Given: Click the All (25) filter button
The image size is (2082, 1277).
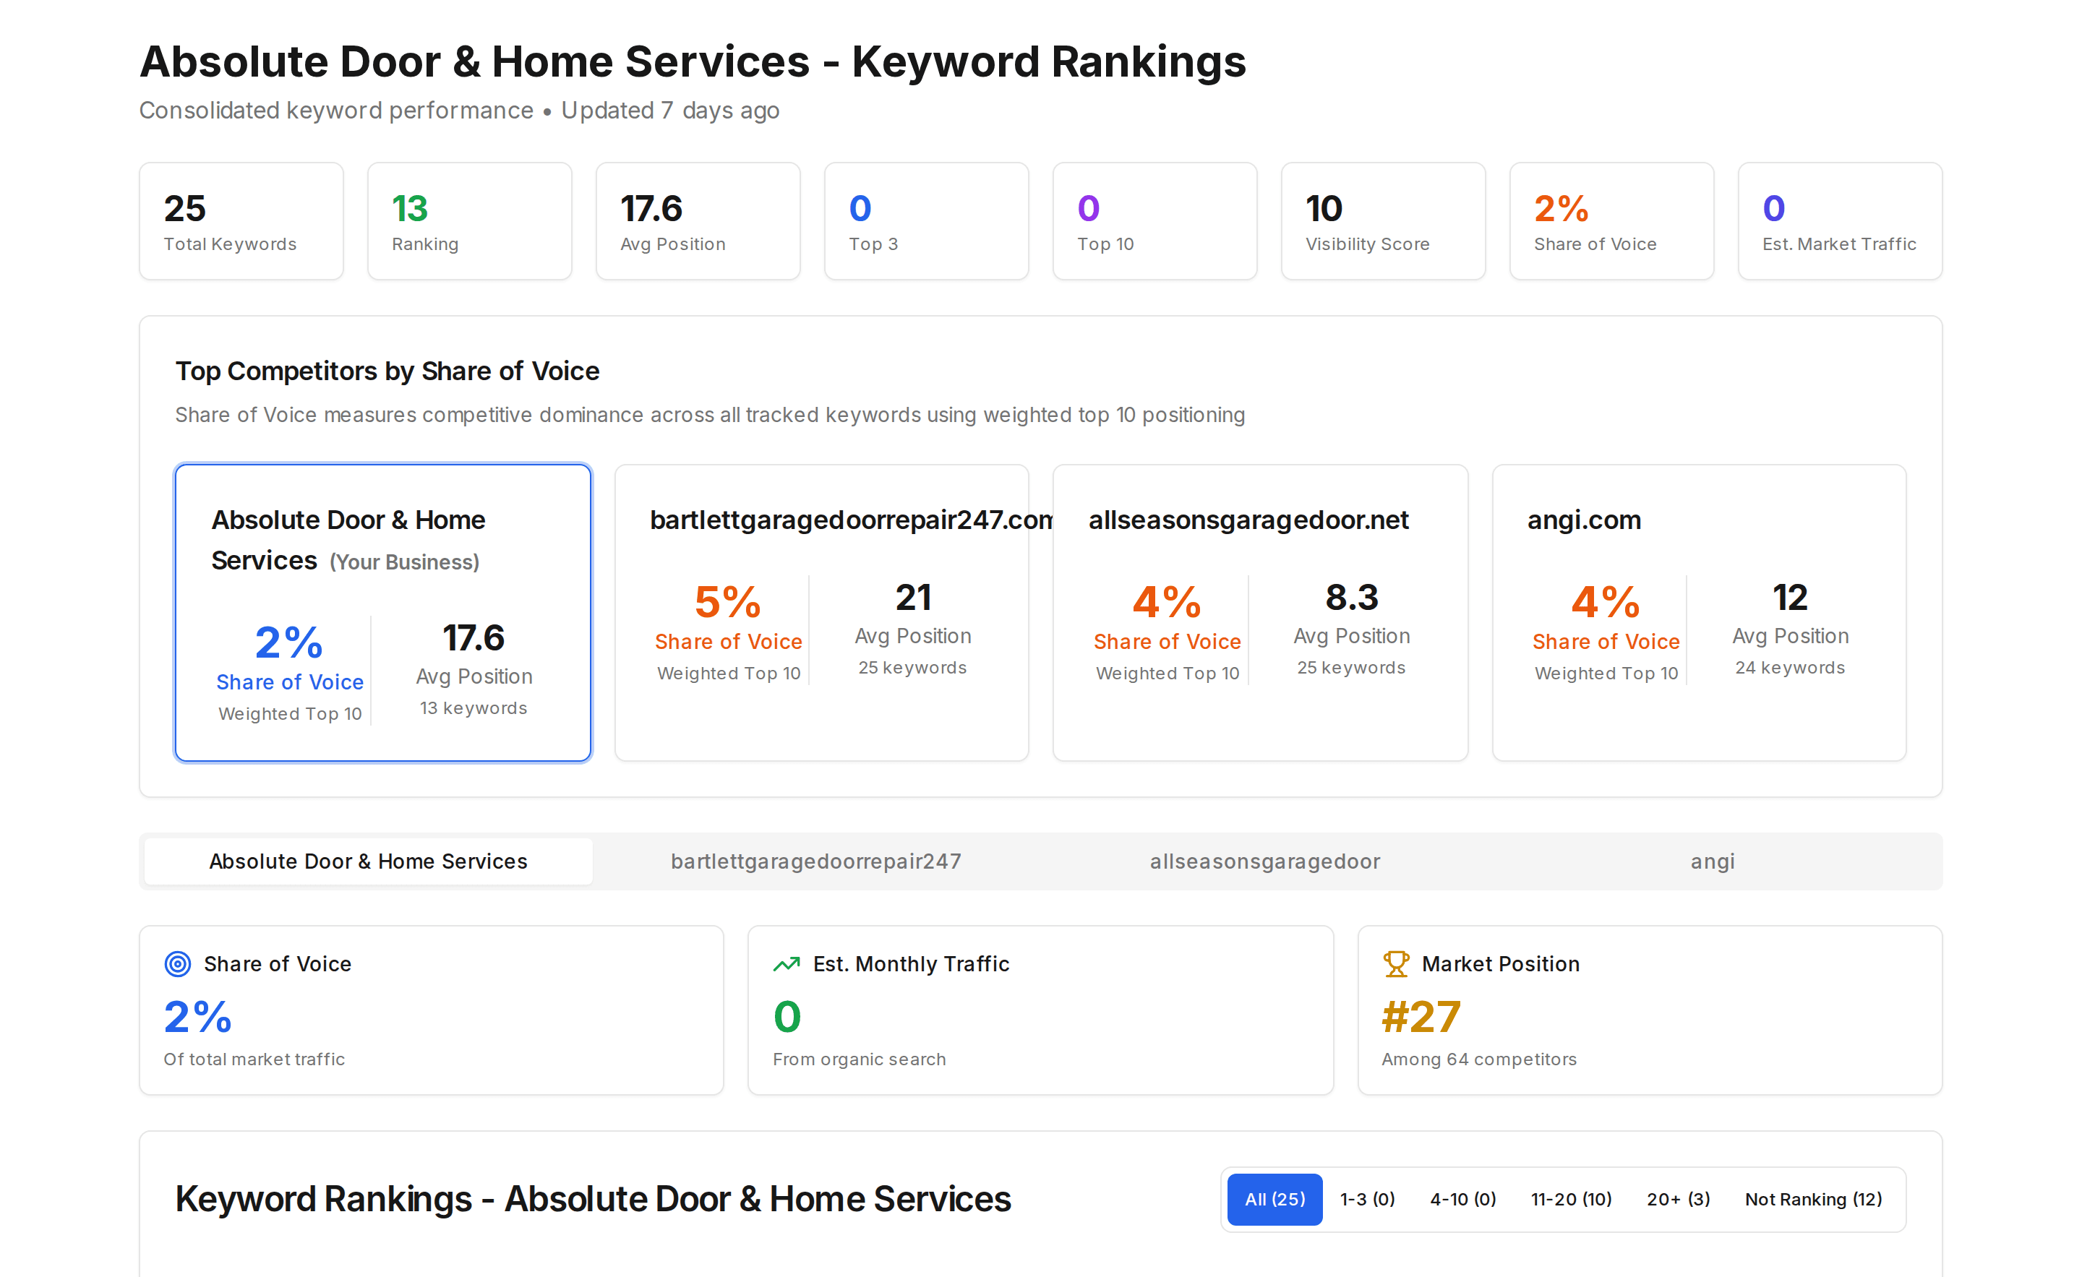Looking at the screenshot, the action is click(1275, 1199).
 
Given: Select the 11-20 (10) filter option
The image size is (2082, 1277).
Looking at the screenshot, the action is click(1571, 1199).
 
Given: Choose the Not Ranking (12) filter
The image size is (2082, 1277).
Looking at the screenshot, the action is click(1813, 1199).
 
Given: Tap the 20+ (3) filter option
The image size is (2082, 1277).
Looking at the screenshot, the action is click(1678, 1199).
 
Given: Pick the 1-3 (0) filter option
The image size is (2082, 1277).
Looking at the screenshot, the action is click(1367, 1199).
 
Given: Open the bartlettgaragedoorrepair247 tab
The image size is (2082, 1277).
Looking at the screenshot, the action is click(815, 861).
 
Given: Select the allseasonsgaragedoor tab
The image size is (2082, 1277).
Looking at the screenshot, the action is click(1265, 861).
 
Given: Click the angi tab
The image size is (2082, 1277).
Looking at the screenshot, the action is click(1712, 861).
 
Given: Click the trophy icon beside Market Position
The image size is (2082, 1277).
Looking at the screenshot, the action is click(1396, 963).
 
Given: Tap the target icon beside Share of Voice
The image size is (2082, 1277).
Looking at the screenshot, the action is click(177, 963).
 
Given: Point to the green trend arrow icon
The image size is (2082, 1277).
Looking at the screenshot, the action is click(787, 963).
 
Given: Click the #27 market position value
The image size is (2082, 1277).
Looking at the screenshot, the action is click(1421, 1017).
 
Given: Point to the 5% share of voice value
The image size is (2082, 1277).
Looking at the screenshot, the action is click(727, 602).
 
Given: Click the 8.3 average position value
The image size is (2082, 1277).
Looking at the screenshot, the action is click(1351, 597).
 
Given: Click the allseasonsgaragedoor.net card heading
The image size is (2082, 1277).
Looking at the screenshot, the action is click(1248, 520).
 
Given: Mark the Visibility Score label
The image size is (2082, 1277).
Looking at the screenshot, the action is click(1367, 244).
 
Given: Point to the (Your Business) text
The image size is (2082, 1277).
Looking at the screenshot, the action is click(404, 562).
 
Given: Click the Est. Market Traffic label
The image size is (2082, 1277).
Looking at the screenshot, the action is click(1838, 244).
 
